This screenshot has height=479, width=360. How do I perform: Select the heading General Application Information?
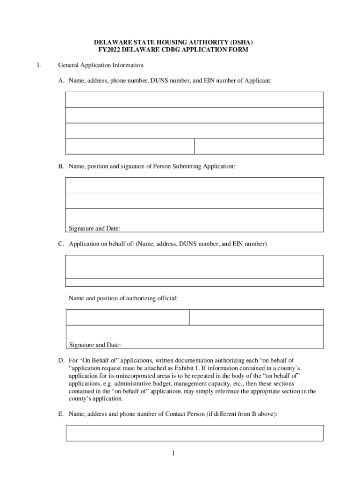click(101, 65)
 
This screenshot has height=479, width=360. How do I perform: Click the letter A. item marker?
click(61, 81)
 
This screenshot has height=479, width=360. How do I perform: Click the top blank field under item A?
click(194, 100)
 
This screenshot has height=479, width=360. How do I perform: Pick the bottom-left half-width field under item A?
click(130, 146)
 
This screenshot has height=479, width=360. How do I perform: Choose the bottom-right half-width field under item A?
click(259, 146)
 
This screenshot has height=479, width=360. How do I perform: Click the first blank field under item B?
click(194, 185)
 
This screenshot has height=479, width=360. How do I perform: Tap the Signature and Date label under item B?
click(94, 229)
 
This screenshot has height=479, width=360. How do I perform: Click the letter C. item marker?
click(61, 244)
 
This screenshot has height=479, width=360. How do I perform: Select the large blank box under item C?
click(194, 267)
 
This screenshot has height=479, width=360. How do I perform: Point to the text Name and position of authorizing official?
click(123, 298)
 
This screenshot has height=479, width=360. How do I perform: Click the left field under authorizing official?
click(128, 317)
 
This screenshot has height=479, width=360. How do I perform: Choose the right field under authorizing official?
click(256, 317)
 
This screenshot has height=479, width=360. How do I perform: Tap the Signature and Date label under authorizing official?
click(95, 345)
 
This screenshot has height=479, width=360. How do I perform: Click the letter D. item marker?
click(61, 361)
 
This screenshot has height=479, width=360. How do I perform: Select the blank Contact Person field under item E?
click(194, 433)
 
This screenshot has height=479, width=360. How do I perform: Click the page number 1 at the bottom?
click(173, 453)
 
